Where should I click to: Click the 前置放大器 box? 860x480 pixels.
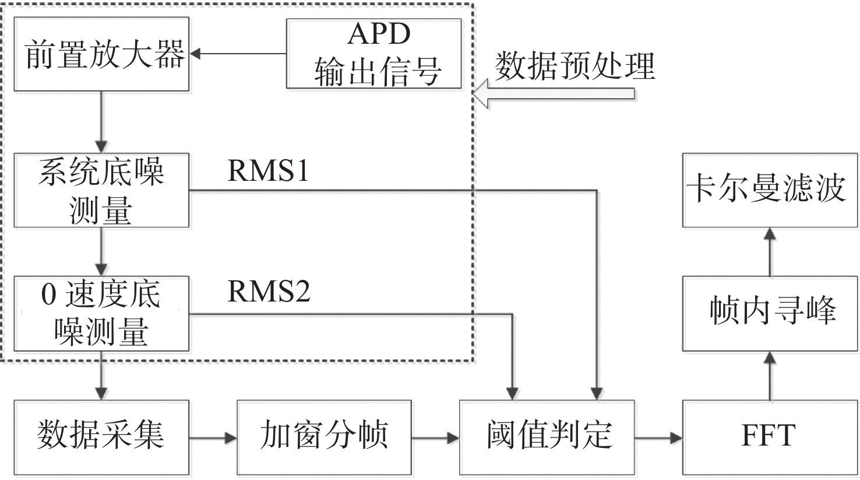pos(101,54)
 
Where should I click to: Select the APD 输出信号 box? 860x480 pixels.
pos(373,54)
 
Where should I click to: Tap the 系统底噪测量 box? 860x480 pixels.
pos(101,190)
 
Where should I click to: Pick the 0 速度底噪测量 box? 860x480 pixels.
pos(101,314)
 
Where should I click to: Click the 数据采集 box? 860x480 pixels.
pos(101,437)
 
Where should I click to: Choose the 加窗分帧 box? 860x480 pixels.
pos(324,437)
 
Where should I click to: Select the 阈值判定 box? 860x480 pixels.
pos(547,437)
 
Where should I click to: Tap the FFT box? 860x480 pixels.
pos(770,437)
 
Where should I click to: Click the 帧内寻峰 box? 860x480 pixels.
pos(770,314)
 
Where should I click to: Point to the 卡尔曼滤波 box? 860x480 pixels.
pos(770,190)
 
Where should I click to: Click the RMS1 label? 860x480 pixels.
pos(268,171)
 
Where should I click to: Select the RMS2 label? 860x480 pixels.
pos(268,291)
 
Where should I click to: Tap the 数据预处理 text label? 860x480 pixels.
pos(575,66)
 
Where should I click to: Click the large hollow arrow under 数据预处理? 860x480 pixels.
pos(554,94)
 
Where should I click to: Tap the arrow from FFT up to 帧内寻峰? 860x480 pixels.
pos(770,376)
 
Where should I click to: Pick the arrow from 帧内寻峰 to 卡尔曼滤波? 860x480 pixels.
pos(770,252)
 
